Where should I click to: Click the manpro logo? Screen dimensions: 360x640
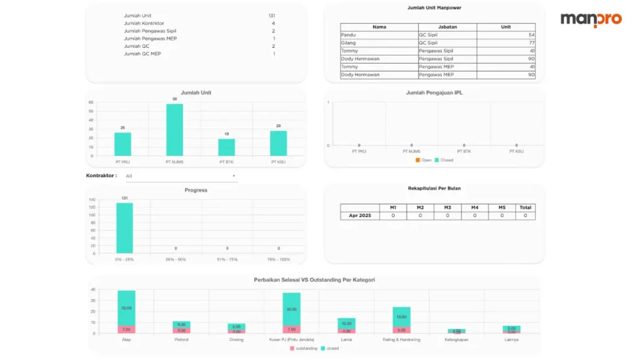tap(590, 19)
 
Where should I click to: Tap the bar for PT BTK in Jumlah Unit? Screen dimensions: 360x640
tap(226, 147)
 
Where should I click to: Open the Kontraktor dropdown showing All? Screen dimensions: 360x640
tap(181, 176)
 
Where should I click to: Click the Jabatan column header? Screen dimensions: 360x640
tap(447, 27)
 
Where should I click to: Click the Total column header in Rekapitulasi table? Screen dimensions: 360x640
tap(525, 208)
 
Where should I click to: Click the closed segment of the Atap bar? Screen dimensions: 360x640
tap(126, 308)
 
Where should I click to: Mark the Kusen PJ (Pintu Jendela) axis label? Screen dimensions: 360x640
tap(291, 339)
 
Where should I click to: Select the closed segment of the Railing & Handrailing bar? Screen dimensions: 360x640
tap(401, 316)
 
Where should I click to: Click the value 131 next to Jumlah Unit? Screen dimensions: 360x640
tap(272, 16)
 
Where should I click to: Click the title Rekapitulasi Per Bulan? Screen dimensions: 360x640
tap(434, 188)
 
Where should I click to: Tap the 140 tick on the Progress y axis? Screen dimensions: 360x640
tap(91, 200)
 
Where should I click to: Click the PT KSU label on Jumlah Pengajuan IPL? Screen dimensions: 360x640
tap(516, 151)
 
